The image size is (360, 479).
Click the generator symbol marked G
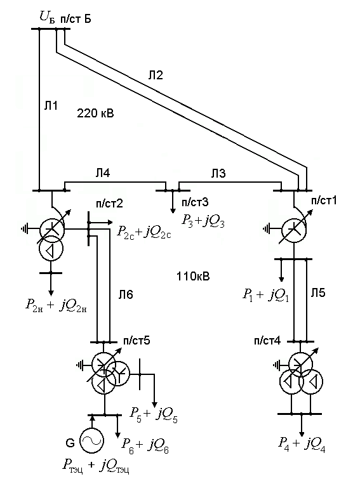point(91,441)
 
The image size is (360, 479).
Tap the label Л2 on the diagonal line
point(156,75)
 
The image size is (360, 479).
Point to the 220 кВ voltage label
point(95,114)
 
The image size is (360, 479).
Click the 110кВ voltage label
point(193,277)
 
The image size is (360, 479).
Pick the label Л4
point(102,173)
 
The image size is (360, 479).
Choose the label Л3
point(218,173)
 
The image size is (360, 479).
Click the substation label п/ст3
point(195,202)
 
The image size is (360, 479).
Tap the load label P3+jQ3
point(203,221)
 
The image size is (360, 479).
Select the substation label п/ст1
point(324,200)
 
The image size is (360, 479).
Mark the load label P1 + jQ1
point(266,296)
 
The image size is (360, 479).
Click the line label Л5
point(318,292)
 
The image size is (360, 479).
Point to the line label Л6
point(126,295)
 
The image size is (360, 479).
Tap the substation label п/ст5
point(137,341)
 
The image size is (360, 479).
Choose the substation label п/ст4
point(267,341)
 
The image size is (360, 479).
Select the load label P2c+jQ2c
point(143,233)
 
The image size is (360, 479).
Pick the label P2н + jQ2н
point(57,306)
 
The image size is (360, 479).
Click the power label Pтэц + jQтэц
point(96,466)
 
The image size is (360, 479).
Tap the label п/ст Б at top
point(76,19)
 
